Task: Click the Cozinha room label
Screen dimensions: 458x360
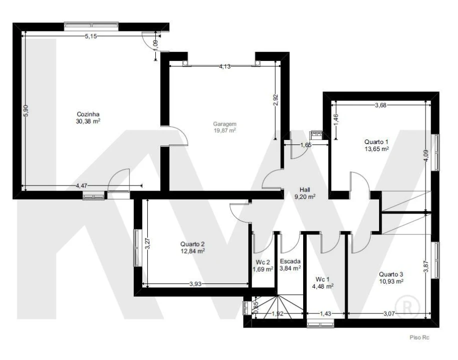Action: click(x=88, y=114)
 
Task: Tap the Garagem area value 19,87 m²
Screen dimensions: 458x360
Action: click(x=225, y=130)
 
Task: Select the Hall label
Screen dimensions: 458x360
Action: click(x=305, y=190)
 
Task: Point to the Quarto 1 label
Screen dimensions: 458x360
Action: click(x=376, y=142)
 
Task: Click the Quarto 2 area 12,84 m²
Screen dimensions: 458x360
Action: click(x=192, y=251)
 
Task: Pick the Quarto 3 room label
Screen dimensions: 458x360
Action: click(x=391, y=274)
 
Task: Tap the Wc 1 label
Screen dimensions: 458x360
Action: click(x=323, y=279)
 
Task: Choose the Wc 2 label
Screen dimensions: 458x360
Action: click(x=263, y=262)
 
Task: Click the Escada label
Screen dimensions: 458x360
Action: click(x=290, y=261)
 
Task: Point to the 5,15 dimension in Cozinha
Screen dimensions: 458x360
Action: click(x=90, y=36)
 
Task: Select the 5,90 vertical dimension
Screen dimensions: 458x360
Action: click(x=26, y=111)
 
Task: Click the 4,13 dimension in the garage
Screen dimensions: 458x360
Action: click(x=225, y=66)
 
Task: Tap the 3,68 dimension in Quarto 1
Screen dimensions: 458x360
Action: click(x=381, y=105)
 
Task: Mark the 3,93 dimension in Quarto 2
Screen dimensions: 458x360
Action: click(x=195, y=283)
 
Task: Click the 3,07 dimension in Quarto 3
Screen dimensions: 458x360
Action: click(x=389, y=314)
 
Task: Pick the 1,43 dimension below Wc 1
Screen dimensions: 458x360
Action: click(x=325, y=314)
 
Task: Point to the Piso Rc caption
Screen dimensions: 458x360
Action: click(x=419, y=337)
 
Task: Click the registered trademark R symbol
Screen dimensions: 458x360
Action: click(x=407, y=307)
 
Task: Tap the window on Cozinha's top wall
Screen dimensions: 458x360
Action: click(x=91, y=26)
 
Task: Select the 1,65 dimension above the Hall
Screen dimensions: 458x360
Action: click(x=306, y=145)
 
